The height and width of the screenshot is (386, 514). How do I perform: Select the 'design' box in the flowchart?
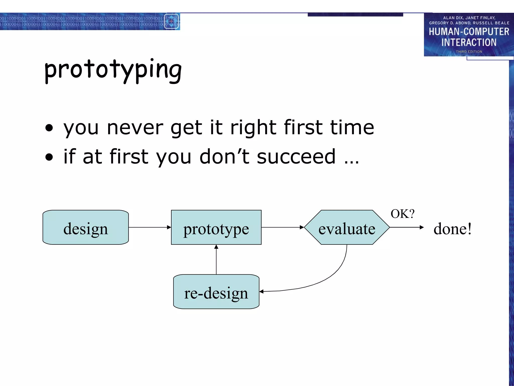tap(86, 227)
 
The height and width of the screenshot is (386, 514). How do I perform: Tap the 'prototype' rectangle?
tap(216, 227)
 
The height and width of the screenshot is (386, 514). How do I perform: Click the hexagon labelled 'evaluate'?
tap(347, 227)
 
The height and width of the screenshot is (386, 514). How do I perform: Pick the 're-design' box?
tap(216, 292)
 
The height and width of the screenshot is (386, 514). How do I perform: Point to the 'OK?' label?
tap(402, 214)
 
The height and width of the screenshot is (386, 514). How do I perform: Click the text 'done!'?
tap(453, 229)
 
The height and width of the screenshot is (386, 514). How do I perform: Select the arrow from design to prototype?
tap(150, 227)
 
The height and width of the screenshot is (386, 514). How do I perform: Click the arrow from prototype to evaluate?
tap(282, 227)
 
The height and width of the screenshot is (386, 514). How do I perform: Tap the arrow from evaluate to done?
tap(407, 227)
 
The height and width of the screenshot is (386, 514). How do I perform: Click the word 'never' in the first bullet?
tap(135, 128)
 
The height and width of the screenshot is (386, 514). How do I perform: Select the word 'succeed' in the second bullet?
tap(296, 157)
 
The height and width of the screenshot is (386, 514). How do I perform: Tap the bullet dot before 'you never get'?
tap(49, 128)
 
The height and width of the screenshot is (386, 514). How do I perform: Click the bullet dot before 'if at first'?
tap(49, 157)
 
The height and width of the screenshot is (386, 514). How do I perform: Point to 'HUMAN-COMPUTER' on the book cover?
tap(469, 32)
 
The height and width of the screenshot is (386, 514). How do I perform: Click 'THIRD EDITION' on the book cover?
tap(469, 52)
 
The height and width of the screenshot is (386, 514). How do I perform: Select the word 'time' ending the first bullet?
tap(352, 128)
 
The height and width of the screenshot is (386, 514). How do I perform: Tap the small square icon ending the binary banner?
tap(171, 21)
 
